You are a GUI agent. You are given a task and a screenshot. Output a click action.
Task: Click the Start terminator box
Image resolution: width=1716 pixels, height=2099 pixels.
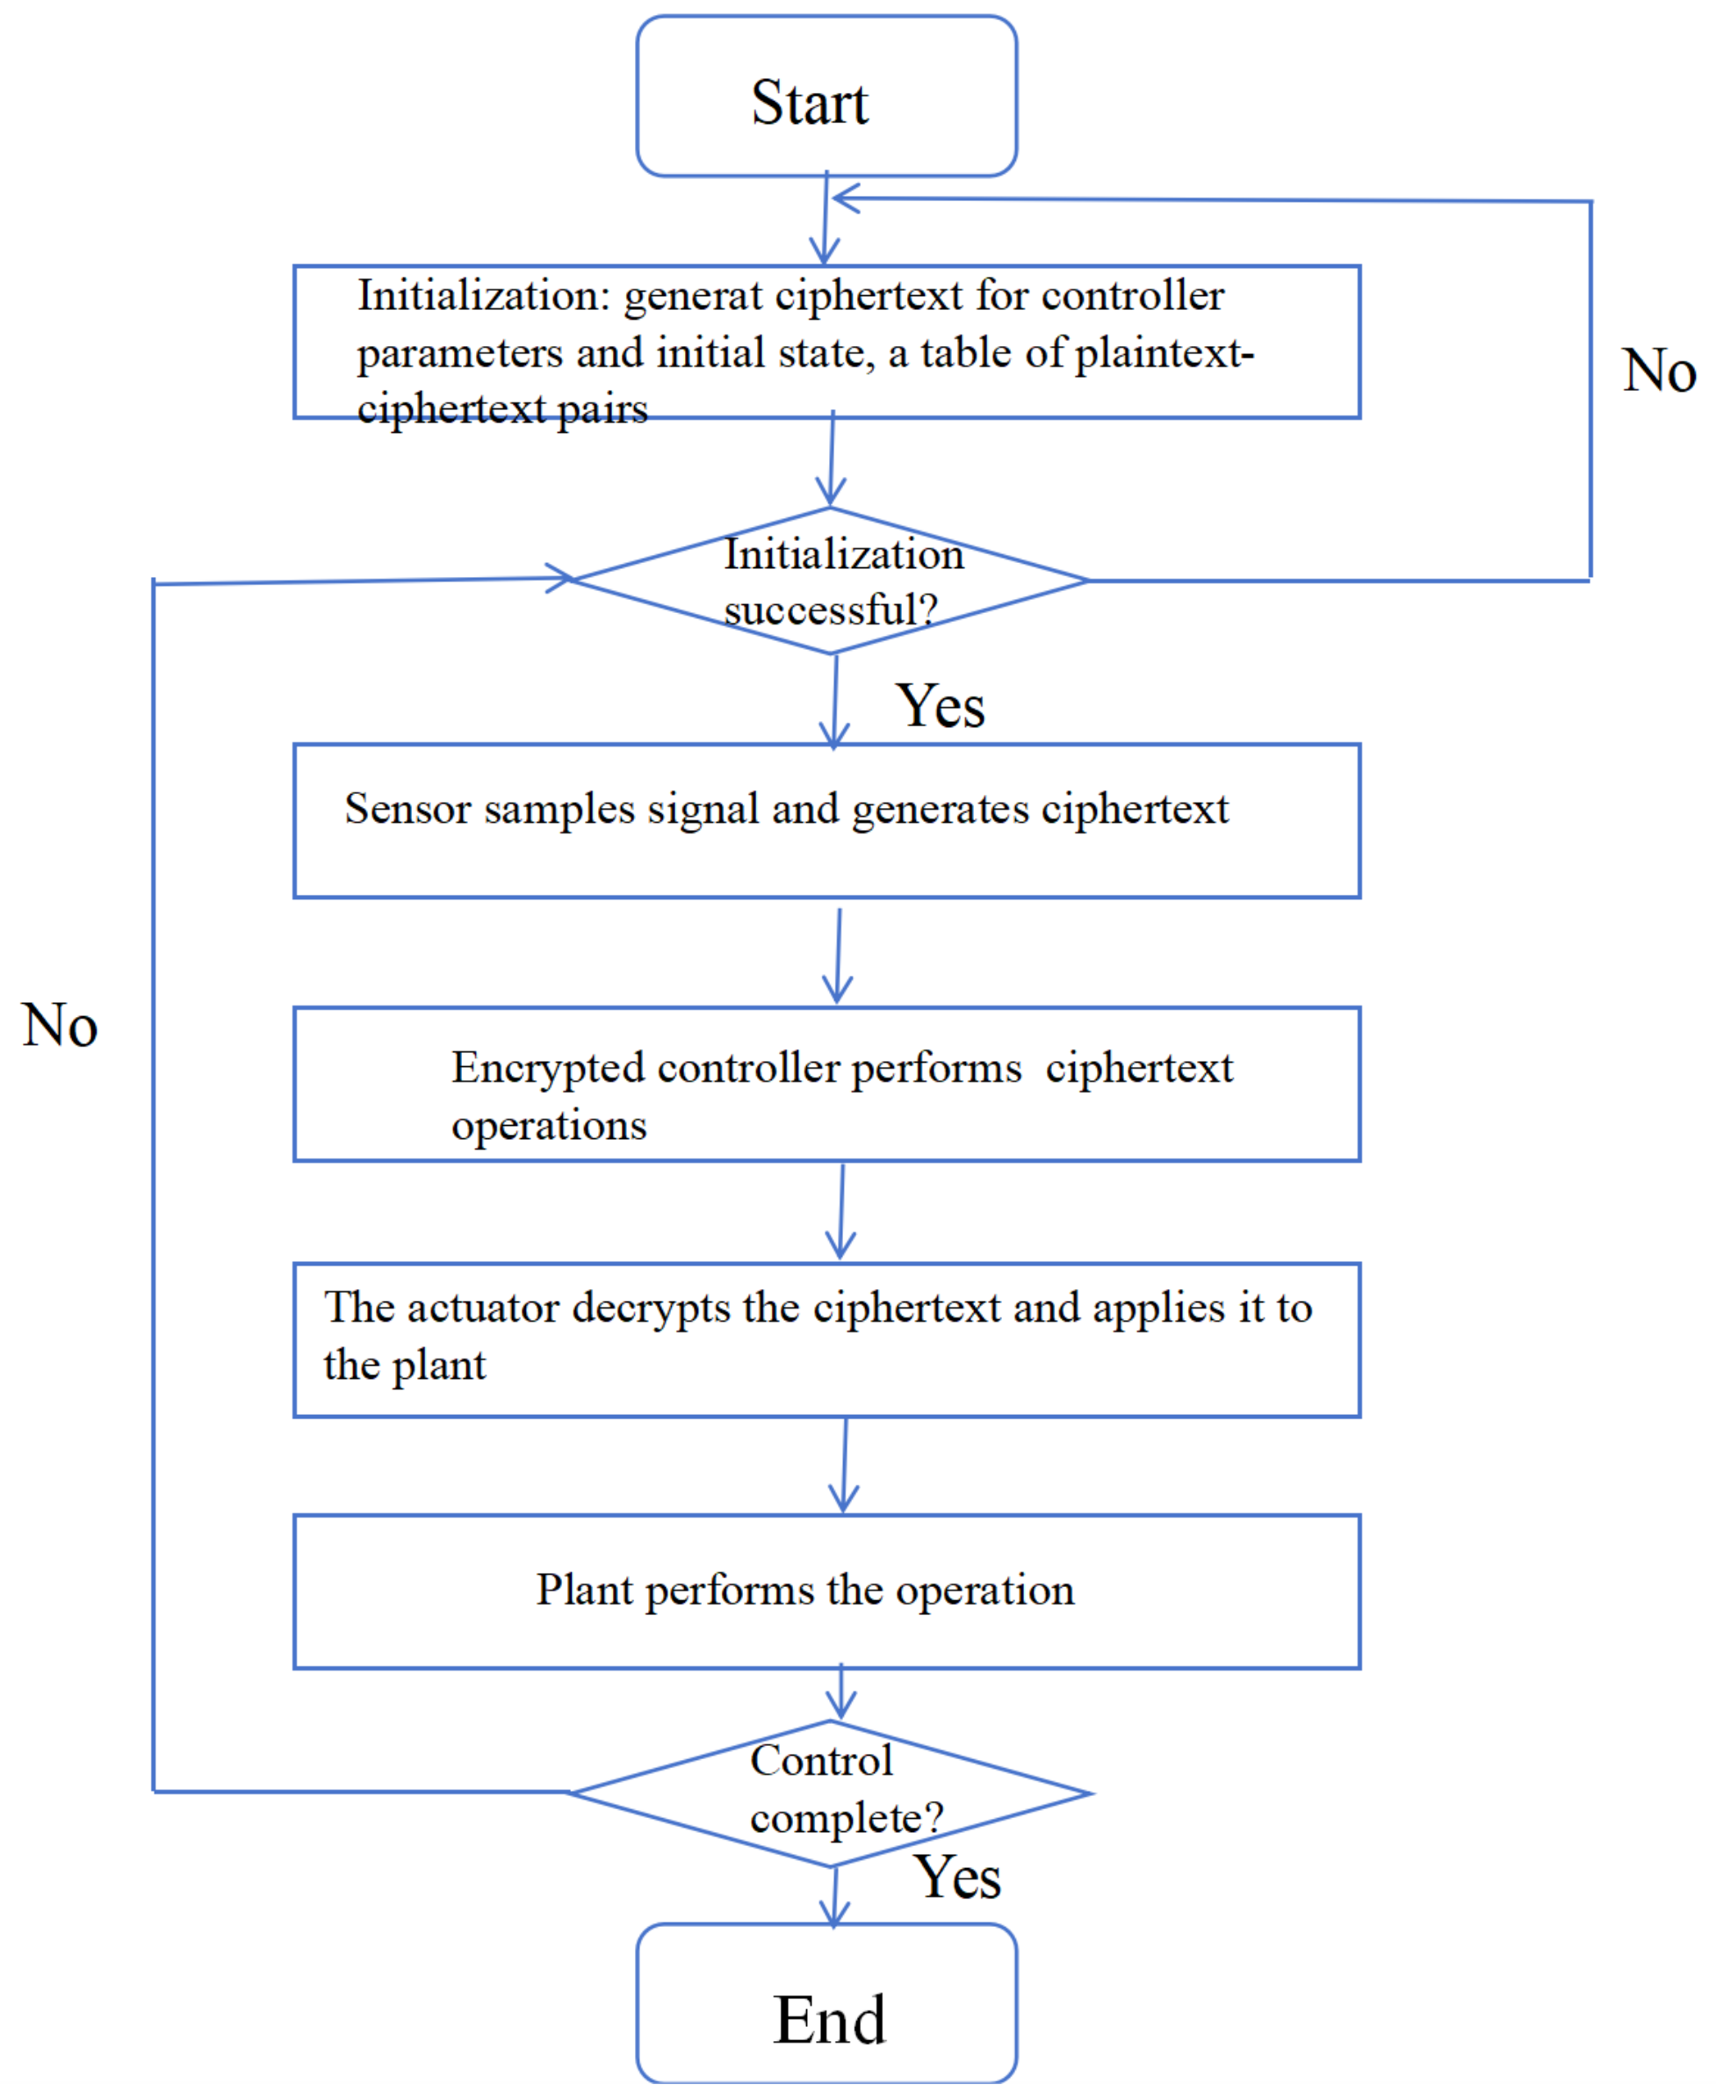(x=826, y=96)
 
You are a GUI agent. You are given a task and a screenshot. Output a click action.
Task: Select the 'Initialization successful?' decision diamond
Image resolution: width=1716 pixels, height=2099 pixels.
(x=830, y=581)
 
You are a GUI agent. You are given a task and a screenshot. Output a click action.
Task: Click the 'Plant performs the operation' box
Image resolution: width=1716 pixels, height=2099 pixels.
(x=826, y=1591)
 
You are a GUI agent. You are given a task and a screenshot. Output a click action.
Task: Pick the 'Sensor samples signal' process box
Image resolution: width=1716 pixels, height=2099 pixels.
(x=826, y=820)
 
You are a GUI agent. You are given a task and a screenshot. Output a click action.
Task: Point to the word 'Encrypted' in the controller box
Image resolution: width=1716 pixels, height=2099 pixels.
(x=548, y=1069)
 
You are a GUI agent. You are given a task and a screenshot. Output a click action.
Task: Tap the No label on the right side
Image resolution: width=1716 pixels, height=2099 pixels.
(x=1659, y=371)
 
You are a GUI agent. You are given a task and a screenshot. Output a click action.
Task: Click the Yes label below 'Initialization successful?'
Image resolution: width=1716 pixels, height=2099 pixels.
(x=940, y=707)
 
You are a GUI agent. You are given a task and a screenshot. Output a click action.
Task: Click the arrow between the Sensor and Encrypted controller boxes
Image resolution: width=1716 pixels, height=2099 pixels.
(x=838, y=954)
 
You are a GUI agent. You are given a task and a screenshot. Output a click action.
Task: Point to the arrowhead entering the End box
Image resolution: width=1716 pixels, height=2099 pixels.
(x=834, y=1918)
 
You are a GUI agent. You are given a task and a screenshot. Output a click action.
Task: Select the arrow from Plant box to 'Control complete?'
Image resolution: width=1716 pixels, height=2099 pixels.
(x=841, y=1693)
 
